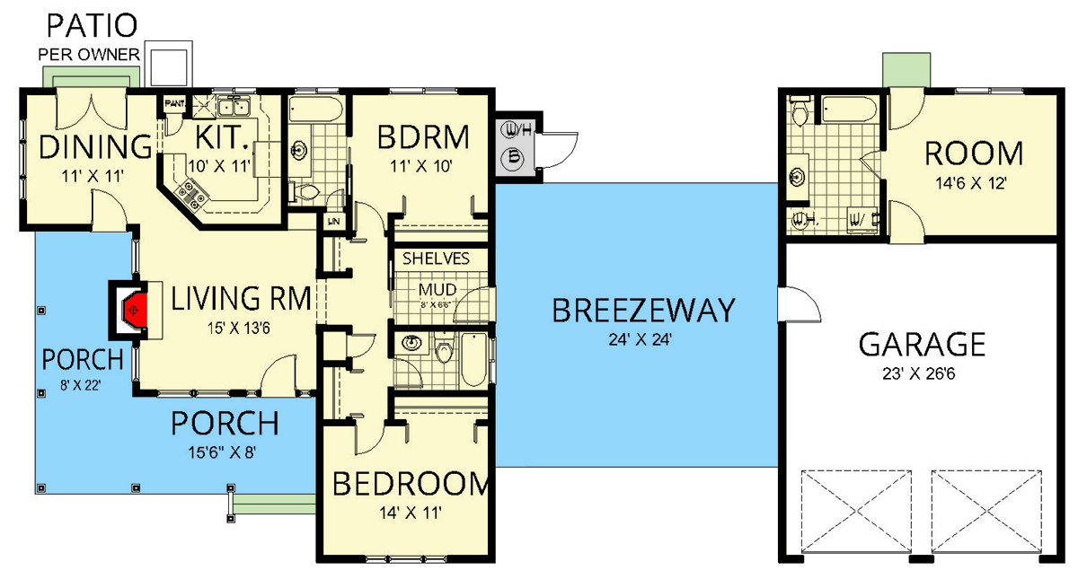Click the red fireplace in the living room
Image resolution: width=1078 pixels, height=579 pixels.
click(131, 309)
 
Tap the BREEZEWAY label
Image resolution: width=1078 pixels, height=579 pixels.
click(643, 311)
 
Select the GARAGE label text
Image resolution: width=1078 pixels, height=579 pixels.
click(922, 344)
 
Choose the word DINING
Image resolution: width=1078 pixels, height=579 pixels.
click(84, 145)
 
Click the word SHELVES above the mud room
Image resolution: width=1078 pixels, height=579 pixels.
click(436, 259)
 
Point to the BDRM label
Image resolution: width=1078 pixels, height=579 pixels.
click(423, 137)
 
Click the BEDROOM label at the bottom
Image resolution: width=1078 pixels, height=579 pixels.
click(411, 485)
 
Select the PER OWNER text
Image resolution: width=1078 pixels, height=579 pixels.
click(88, 54)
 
